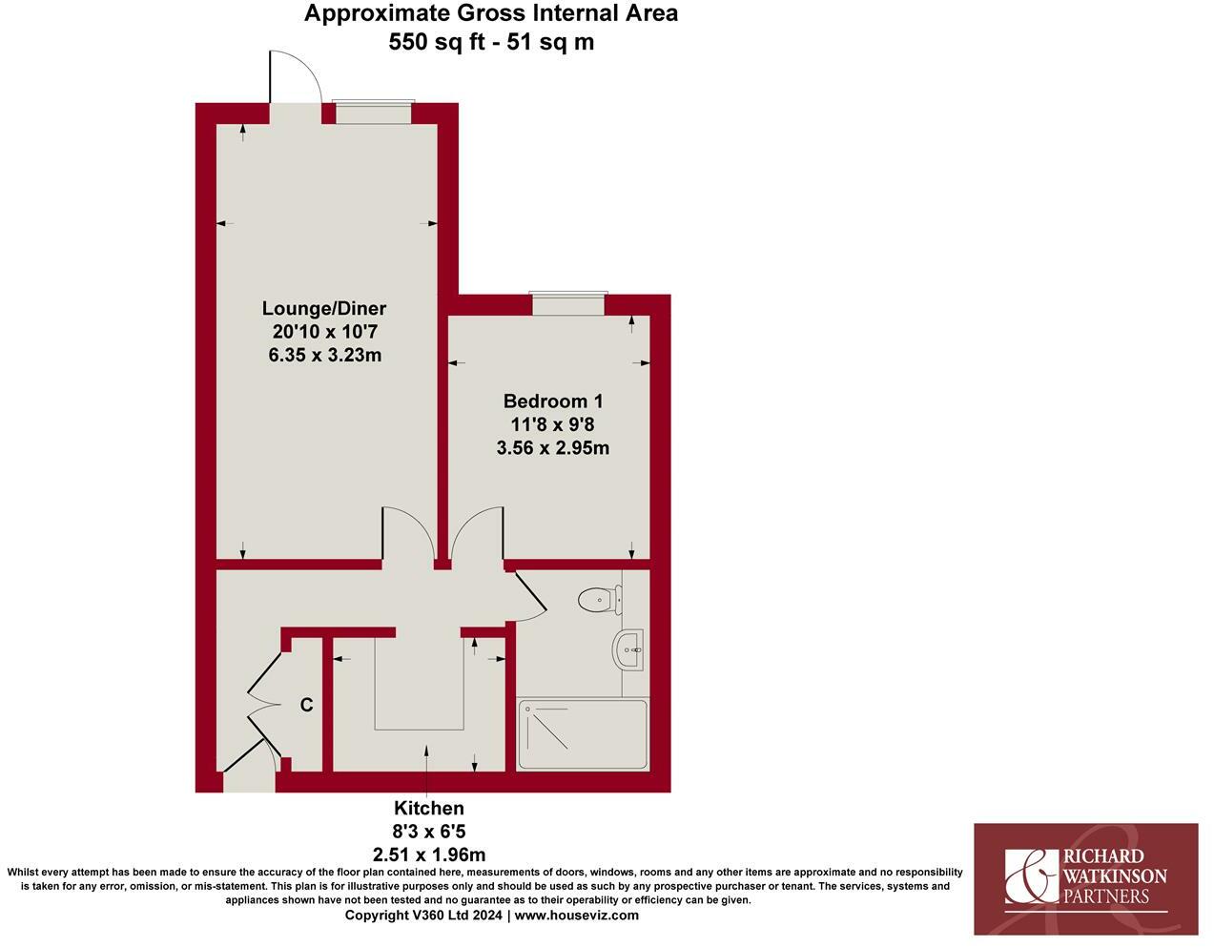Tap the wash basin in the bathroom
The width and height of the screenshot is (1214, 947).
(629, 650)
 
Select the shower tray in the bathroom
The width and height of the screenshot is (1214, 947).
(582, 734)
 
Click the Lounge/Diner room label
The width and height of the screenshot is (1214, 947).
(324, 308)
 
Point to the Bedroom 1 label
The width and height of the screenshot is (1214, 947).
(553, 401)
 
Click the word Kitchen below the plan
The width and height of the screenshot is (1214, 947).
(429, 809)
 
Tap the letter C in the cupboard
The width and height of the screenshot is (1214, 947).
(306, 706)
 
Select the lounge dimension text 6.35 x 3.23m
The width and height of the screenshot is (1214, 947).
(325, 355)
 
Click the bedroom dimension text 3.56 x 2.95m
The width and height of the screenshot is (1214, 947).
(553, 447)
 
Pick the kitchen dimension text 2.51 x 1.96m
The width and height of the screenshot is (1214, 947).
(429, 854)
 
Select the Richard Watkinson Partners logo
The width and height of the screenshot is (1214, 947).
(1085, 878)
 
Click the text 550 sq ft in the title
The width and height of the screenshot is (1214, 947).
(438, 42)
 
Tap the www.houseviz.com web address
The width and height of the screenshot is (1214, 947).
(577, 916)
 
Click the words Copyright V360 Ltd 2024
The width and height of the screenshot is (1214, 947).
(424, 916)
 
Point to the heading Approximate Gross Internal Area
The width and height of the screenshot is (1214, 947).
(491, 13)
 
